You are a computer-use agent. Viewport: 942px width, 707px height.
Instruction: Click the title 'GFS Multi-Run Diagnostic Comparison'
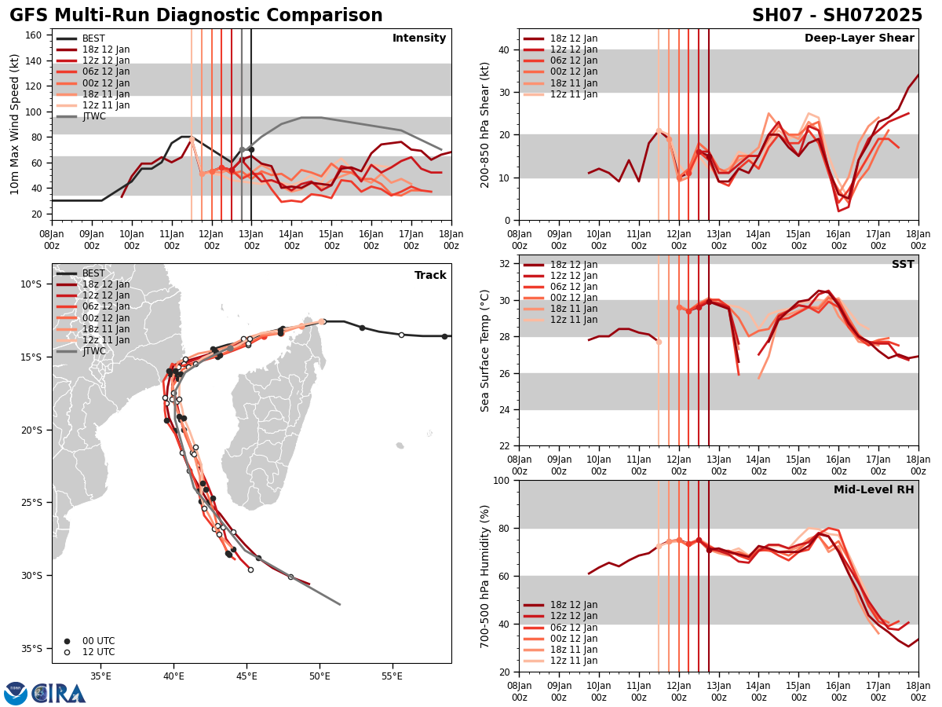pos(196,16)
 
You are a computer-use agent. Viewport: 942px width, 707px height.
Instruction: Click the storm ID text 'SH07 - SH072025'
pos(837,16)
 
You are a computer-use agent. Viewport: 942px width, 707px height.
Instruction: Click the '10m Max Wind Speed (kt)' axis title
pos(15,123)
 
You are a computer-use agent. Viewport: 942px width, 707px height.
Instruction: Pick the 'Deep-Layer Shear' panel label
pos(859,38)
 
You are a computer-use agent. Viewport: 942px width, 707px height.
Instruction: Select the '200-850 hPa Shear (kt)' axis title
pos(486,123)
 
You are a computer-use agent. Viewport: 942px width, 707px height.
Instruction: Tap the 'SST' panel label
pos(902,265)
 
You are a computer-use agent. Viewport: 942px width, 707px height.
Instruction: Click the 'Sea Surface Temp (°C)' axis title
pos(486,350)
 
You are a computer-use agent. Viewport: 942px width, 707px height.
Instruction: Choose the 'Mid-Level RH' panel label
pos(874,490)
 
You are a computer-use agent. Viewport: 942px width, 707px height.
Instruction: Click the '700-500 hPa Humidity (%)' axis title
pos(486,576)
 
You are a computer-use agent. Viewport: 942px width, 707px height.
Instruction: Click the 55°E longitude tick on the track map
pos(392,676)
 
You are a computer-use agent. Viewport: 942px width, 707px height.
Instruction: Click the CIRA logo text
pos(58,694)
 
